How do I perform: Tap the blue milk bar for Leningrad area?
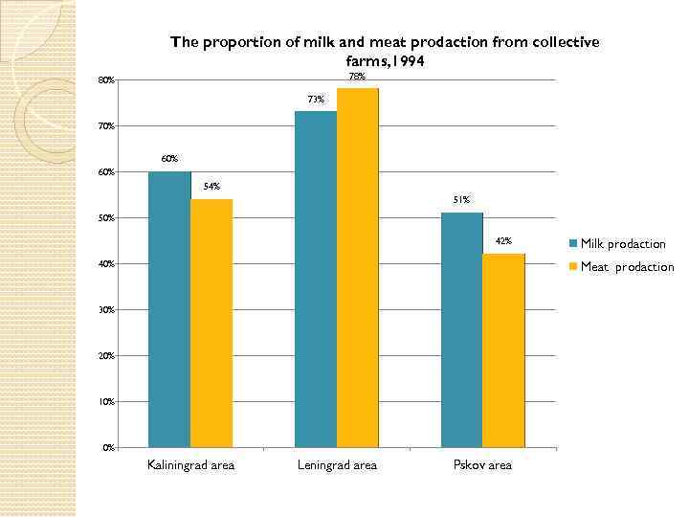(316, 279)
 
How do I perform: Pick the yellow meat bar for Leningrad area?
(358, 267)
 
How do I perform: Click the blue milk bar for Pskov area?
(462, 329)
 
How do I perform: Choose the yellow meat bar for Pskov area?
(504, 350)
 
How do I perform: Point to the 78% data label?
(357, 77)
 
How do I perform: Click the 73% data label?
(316, 100)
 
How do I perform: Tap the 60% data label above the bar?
(169, 159)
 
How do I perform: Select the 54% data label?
(211, 187)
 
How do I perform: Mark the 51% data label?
(461, 200)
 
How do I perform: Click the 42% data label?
(503, 241)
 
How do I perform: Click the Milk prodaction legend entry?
(622, 244)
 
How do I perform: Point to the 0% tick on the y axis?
(108, 447)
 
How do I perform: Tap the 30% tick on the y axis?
(107, 310)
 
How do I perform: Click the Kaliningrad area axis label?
(190, 465)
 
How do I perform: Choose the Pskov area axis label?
(482, 465)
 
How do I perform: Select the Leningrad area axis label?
(337, 465)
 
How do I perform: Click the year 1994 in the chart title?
(403, 60)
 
